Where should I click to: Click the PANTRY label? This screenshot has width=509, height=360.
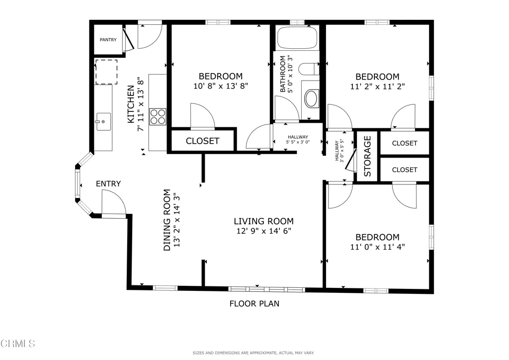coord(108,40)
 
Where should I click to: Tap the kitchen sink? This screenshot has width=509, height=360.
coord(103,122)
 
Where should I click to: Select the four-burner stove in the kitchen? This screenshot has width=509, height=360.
coord(158,117)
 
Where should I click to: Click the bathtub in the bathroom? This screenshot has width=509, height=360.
coord(297,38)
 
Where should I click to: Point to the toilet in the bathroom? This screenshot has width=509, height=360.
coord(308,69)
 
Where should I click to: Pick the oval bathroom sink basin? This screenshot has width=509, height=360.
coord(311,98)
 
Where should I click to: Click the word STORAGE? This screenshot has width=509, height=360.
coord(367,156)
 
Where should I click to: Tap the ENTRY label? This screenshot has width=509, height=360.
coord(108,184)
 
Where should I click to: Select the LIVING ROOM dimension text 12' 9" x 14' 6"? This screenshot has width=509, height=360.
coord(263,231)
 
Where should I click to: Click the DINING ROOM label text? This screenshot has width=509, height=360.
coord(167,220)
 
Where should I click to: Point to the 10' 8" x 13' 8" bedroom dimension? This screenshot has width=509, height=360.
coord(221,86)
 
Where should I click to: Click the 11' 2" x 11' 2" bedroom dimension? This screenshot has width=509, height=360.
coord(378,87)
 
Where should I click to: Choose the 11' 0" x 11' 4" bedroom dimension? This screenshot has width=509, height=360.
coord(378,247)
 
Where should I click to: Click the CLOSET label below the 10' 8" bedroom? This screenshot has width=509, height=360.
coord(203,141)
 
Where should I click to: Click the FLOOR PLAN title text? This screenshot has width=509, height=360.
coord(254,303)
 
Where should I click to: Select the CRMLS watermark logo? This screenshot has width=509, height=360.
coord(17,344)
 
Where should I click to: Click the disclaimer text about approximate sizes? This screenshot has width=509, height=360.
coord(254,353)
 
